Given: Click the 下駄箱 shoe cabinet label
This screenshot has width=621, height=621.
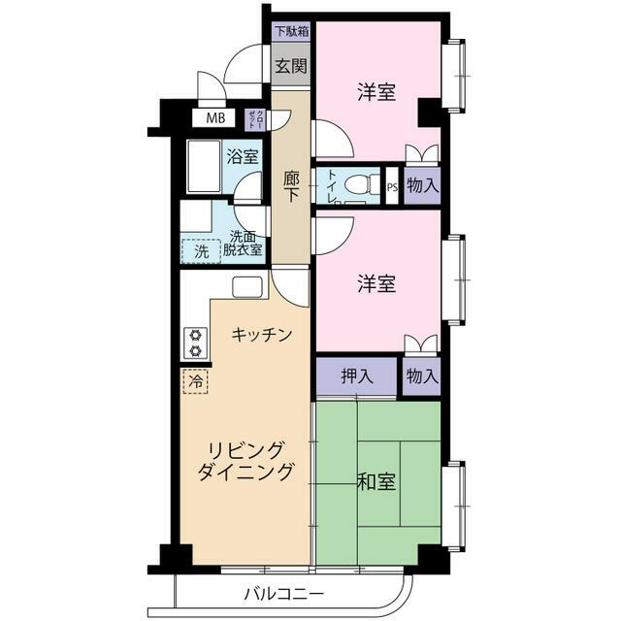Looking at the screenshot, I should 290,30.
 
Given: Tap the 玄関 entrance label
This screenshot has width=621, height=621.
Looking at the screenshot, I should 290,67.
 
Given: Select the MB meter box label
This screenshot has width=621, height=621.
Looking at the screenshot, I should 215,118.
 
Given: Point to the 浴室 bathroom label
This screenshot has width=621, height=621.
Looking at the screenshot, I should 243,156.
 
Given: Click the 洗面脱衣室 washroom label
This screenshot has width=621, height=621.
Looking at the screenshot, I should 243,243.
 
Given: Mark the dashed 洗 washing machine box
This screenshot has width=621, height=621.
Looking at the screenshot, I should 201,250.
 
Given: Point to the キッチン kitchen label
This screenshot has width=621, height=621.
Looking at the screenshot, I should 261,335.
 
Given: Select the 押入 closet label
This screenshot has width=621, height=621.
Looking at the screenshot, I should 355,376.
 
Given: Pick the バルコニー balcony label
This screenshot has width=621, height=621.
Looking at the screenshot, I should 283,592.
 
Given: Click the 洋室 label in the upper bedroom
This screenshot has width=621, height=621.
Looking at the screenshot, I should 376,93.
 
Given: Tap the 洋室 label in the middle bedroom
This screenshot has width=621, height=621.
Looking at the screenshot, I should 376,284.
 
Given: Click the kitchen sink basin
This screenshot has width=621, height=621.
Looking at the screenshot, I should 246,287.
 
